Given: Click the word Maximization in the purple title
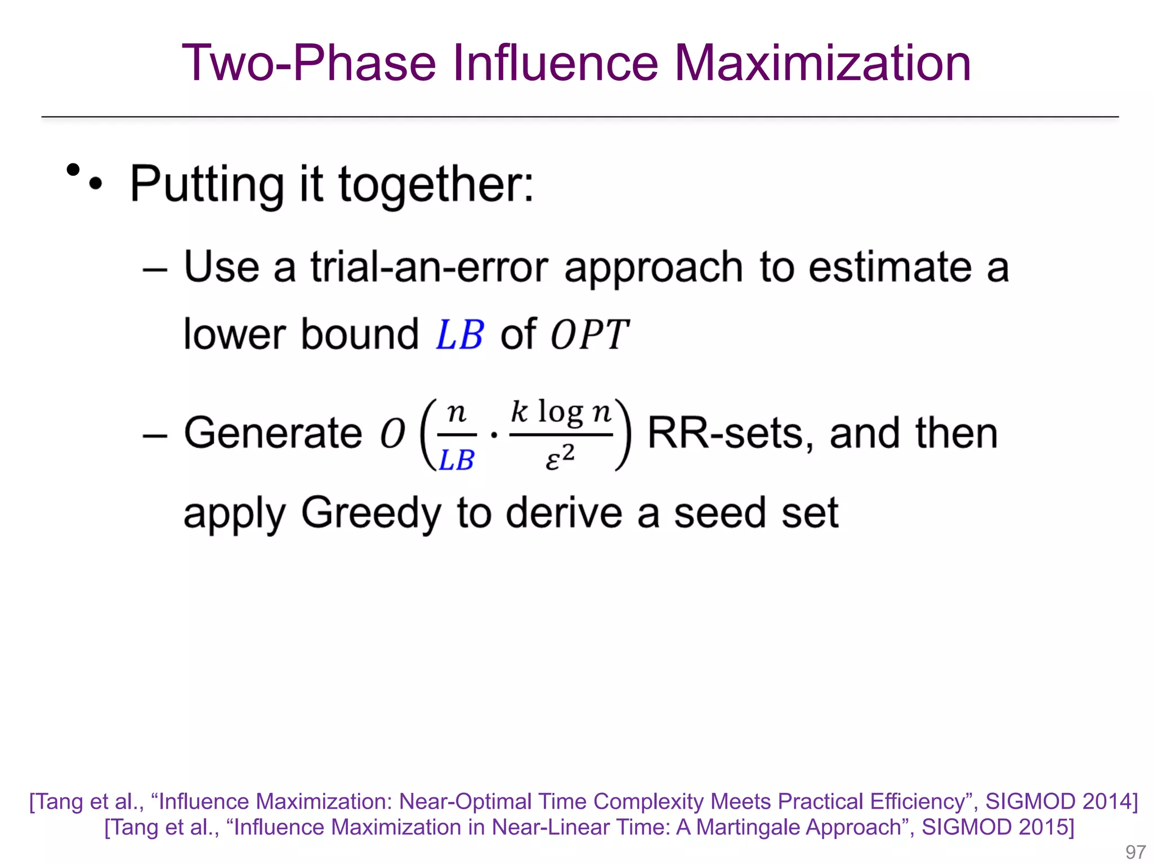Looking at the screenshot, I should (822, 63).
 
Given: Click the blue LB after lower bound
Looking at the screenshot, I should (459, 335).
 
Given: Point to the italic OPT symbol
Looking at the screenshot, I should (589, 335).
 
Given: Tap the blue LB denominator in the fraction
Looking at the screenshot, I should (456, 460).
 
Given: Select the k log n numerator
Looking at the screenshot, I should (561, 413).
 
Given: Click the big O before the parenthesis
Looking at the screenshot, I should (392, 434).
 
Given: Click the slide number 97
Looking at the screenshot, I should (1135, 852).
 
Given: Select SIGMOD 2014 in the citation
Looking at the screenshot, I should (1061, 801).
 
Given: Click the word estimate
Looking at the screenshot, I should (890, 267).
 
